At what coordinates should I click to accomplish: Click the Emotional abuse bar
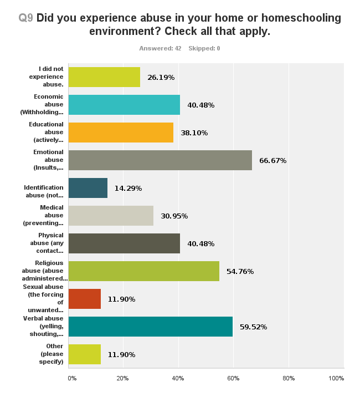pos(160,160)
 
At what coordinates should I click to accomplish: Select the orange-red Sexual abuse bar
pos(84,299)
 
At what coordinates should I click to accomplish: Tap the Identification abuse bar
pos(88,188)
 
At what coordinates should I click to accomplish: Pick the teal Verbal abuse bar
pos(150,327)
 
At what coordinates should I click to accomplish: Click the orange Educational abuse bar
pos(121,133)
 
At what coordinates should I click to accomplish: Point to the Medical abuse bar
pos(111,216)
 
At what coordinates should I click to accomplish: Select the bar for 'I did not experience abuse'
pos(104,77)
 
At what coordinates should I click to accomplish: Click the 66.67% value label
pos(272,161)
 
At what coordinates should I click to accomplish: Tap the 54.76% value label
pos(240,272)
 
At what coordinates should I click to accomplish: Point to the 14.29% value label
pos(128,189)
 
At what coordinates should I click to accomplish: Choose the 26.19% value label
pos(161,78)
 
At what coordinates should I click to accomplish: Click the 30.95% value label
pos(174,216)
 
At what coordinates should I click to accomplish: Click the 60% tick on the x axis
pos(233,378)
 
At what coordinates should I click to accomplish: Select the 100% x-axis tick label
pos(336,378)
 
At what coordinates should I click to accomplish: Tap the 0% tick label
pos(72,378)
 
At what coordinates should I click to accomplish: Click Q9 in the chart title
pos(25,18)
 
